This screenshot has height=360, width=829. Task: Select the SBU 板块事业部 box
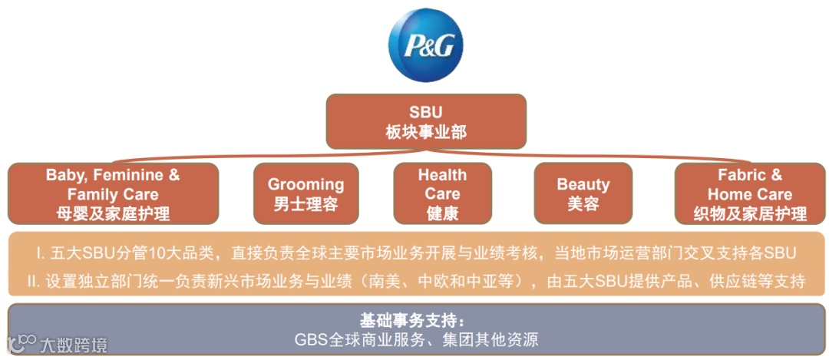point(425,121)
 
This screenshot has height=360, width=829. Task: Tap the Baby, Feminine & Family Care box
point(113,193)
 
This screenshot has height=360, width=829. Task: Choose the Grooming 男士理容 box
point(306,193)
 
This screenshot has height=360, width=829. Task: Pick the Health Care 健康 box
point(442,193)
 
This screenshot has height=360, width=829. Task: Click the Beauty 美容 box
point(583,193)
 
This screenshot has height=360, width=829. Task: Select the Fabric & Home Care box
point(749,193)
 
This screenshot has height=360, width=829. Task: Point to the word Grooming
point(306,184)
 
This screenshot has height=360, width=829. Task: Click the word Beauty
point(583,184)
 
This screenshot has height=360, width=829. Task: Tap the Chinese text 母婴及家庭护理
point(113,213)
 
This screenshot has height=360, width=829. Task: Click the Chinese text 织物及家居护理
point(750,213)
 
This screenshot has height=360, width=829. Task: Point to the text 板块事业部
point(425,132)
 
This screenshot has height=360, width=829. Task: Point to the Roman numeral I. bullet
point(39,253)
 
